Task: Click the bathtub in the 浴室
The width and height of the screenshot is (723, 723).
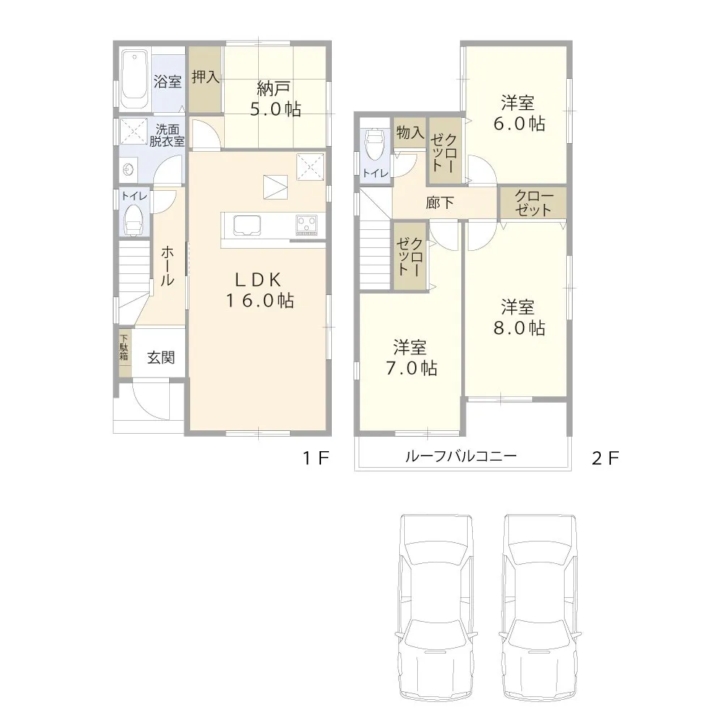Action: click(134, 79)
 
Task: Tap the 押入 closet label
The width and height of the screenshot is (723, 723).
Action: click(205, 77)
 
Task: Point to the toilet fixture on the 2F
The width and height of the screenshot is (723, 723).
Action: click(375, 147)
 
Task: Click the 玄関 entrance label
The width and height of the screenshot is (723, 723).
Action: click(161, 357)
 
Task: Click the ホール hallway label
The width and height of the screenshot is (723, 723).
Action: click(166, 266)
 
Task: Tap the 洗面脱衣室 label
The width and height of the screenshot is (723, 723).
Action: click(167, 135)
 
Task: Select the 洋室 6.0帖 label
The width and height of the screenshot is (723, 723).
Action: click(518, 112)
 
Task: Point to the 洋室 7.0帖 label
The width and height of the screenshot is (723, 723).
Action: click(409, 357)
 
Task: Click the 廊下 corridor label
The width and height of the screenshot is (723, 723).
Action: click(440, 203)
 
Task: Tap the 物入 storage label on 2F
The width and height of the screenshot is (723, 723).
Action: click(409, 133)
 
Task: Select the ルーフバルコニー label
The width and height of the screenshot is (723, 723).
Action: click(460, 456)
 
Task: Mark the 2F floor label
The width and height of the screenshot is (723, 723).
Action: click(606, 458)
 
